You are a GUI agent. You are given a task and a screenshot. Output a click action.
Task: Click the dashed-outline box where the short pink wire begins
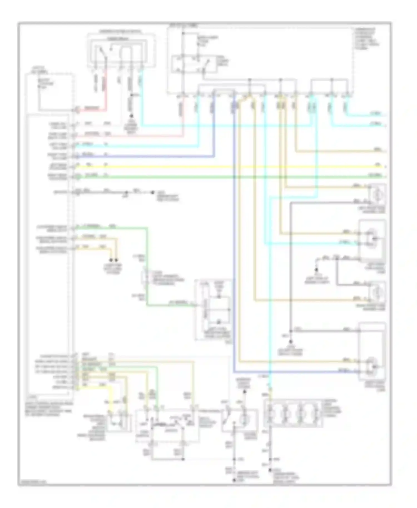pos(50,92)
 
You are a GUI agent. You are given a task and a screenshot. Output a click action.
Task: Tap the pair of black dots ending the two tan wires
pos(113,260)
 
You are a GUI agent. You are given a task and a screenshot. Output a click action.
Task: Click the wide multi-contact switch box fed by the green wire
pos(167,425)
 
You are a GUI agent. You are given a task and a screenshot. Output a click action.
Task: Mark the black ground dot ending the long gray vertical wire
pos(291,342)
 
